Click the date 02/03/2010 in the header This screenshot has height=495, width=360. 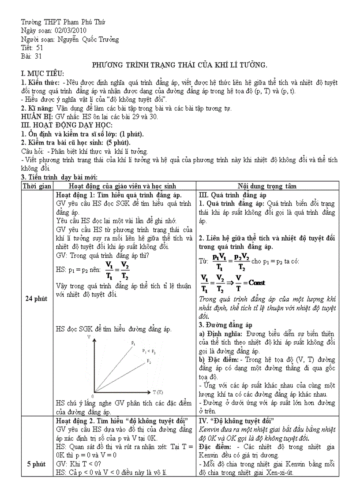point(71,30)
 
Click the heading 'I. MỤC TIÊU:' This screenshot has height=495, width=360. point(43,73)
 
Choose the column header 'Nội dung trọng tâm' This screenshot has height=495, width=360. point(267,186)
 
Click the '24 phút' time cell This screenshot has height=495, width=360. point(37,299)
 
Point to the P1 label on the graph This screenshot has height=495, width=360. point(133,342)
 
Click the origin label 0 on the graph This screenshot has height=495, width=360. point(92,395)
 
